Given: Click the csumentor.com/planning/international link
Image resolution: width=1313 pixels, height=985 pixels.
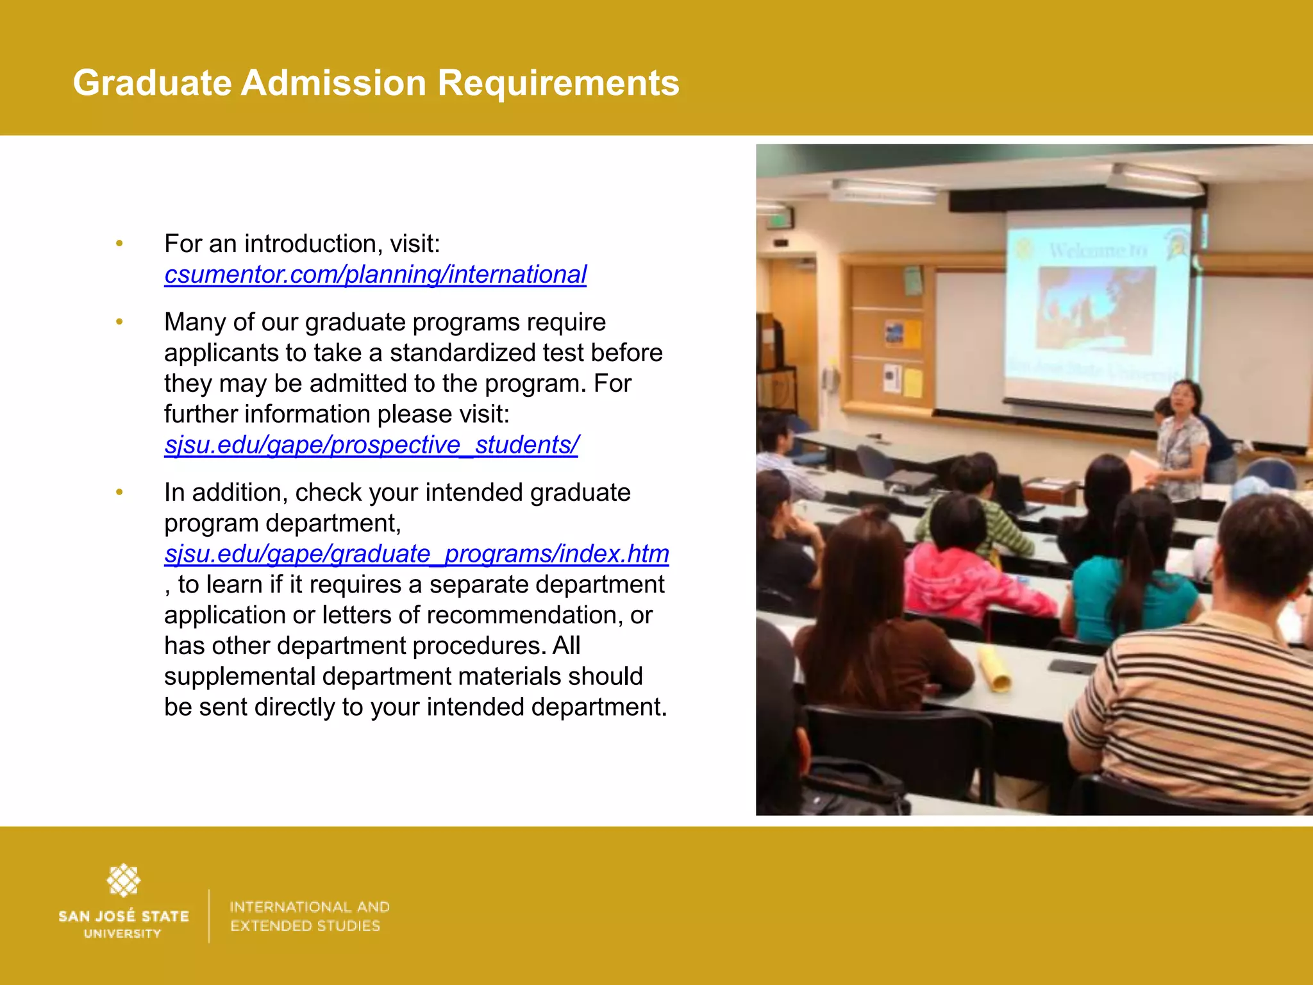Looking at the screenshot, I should (375, 274).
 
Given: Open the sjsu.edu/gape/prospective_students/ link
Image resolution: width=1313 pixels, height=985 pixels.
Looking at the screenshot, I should (371, 444).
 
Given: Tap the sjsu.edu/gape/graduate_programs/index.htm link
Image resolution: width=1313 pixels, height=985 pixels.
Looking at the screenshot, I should (417, 553).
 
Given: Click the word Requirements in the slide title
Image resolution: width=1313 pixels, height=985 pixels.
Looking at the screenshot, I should (558, 83).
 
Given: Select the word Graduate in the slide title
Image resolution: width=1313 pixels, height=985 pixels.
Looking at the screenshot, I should (152, 83).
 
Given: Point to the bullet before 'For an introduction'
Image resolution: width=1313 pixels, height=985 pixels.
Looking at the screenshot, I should (119, 244).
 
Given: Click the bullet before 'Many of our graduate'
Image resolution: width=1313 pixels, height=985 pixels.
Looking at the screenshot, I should (119, 322).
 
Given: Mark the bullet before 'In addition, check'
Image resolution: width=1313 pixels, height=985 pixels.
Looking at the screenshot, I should (119, 492).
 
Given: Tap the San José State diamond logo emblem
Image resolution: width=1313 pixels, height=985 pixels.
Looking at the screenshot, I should (123, 880).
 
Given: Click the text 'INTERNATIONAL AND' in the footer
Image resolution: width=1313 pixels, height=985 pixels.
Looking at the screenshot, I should (310, 907).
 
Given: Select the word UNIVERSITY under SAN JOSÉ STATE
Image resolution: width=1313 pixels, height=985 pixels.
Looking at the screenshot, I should (122, 934).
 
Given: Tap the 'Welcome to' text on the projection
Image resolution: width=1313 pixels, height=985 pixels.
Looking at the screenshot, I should (1098, 250).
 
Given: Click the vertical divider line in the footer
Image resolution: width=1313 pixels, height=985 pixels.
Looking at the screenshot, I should (209, 916).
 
